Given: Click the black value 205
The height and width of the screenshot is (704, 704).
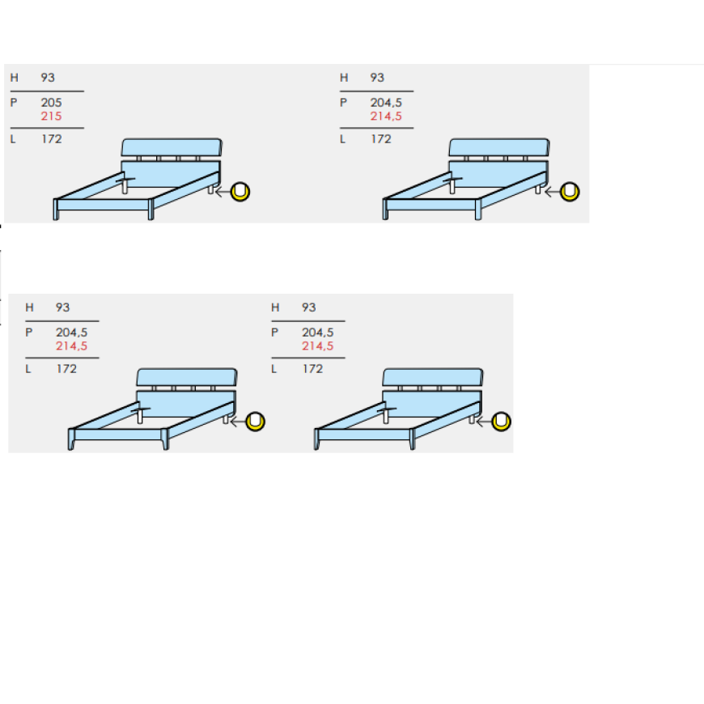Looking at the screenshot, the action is (x=51, y=103).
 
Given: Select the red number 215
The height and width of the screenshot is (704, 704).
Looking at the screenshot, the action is (x=51, y=117).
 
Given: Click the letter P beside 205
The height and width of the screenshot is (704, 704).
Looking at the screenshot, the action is (x=14, y=103).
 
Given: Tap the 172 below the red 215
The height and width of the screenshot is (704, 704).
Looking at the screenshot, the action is (x=52, y=139).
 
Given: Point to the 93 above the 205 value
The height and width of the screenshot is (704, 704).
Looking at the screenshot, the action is (x=48, y=78).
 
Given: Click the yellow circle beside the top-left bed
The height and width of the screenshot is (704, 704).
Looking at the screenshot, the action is (x=240, y=192).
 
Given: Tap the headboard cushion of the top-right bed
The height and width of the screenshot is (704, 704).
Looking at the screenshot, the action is (x=498, y=147).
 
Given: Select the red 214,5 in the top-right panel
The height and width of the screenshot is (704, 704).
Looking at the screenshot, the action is (x=386, y=117).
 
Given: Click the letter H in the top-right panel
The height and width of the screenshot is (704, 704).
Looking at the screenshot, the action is (x=344, y=78).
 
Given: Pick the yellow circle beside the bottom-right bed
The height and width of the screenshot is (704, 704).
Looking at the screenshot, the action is (x=501, y=422).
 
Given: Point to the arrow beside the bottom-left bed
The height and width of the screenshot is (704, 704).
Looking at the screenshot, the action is (x=238, y=422).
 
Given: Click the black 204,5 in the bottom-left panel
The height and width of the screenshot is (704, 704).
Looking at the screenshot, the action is (x=72, y=333).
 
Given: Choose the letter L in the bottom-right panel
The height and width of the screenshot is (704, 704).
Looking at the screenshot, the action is (x=274, y=369).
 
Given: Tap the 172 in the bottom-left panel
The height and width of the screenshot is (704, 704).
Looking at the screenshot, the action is (x=66, y=369).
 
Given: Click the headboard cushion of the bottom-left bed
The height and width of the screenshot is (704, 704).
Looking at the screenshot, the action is (x=187, y=377).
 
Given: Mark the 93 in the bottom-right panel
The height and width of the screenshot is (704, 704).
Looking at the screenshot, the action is (x=309, y=307).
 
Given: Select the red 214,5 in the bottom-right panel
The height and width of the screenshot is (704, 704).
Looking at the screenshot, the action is (x=318, y=346).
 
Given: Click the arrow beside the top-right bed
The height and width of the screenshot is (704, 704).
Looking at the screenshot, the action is (x=552, y=192).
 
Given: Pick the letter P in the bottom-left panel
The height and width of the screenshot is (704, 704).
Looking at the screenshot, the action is (x=29, y=333).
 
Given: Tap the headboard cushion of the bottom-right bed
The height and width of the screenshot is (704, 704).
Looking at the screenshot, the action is (x=433, y=377).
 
